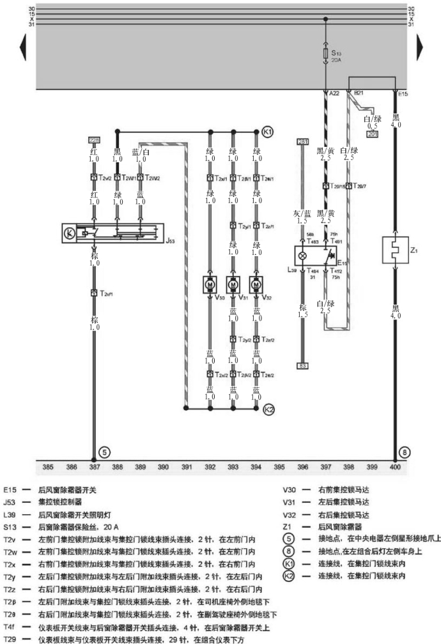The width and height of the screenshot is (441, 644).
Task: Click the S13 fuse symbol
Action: click(x=327, y=54)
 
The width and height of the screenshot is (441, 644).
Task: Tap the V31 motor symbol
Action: click(x=233, y=282)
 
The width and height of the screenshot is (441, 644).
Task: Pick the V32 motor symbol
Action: click(x=256, y=282)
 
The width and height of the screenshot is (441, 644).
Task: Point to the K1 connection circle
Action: click(x=267, y=132)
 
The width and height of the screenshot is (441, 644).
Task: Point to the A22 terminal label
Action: click(x=333, y=94)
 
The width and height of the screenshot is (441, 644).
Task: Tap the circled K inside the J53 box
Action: click(x=68, y=233)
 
